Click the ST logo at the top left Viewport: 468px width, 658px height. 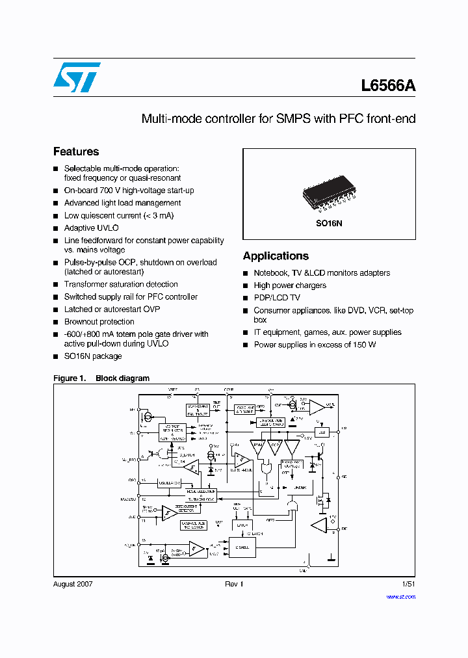77,77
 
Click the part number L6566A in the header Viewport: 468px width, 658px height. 388,86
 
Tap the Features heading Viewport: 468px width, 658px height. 76,151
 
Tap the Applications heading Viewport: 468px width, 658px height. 276,256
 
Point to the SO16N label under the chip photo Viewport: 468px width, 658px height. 329,222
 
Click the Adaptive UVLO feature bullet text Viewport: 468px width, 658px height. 91,228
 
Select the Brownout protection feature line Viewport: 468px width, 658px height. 99,322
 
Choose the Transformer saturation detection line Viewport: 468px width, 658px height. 121,284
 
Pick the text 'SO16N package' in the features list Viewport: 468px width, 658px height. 93,356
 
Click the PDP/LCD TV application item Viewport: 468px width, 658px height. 277,298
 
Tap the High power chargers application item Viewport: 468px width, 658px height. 290,285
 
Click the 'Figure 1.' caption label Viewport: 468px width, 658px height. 69,378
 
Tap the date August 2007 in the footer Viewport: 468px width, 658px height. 73,584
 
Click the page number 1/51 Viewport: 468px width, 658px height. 409,584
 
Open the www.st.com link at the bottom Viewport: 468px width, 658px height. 401,596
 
